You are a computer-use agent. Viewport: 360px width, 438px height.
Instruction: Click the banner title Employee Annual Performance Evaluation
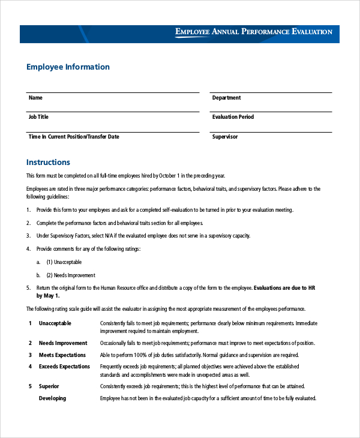click(253, 32)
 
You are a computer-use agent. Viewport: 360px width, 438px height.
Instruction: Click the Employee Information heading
click(68, 67)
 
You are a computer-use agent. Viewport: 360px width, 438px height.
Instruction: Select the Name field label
click(35, 98)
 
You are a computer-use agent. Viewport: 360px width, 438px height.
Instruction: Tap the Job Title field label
click(38, 117)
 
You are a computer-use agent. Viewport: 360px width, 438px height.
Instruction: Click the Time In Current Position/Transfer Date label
click(74, 137)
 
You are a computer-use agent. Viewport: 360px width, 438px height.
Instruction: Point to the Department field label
click(226, 98)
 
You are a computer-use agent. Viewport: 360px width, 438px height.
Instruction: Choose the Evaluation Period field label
click(233, 117)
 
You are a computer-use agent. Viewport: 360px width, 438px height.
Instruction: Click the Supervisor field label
click(225, 137)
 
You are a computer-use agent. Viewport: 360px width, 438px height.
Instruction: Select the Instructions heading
click(48, 162)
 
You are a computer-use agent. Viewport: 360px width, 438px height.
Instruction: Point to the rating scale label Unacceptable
click(55, 323)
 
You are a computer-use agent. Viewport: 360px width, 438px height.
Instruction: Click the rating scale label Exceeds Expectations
click(64, 367)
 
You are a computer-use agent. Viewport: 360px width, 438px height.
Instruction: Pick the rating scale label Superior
click(49, 386)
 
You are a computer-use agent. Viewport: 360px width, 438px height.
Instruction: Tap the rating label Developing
click(53, 398)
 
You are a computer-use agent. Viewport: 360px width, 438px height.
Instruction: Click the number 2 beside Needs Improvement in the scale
click(30, 343)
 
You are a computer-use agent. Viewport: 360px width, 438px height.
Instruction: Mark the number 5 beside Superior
click(30, 386)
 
